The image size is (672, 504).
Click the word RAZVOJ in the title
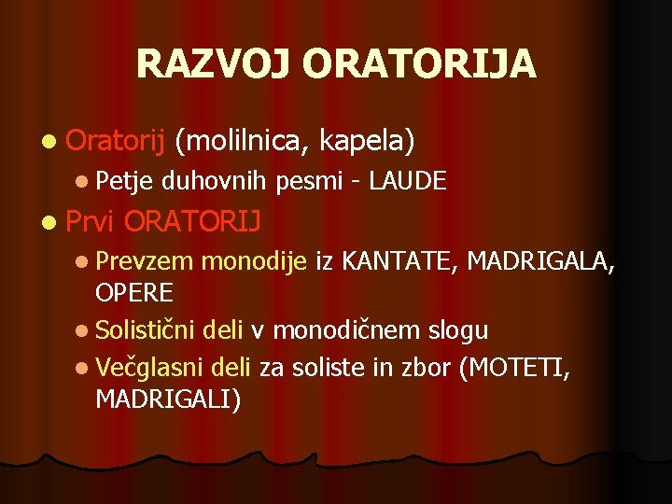pyautogui.click(x=215, y=63)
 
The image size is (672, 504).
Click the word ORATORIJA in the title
pyautogui.click(x=420, y=63)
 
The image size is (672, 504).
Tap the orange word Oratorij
pyautogui.click(x=116, y=141)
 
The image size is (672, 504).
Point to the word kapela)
pyautogui.click(x=367, y=141)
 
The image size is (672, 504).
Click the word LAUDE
pyautogui.click(x=408, y=179)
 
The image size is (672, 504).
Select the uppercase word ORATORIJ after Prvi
pyautogui.click(x=192, y=222)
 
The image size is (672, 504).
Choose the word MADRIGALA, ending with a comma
pyautogui.click(x=541, y=263)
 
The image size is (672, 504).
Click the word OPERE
pyautogui.click(x=134, y=293)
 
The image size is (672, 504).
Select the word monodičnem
pyautogui.click(x=350, y=330)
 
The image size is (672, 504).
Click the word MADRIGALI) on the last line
pyautogui.click(x=168, y=399)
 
